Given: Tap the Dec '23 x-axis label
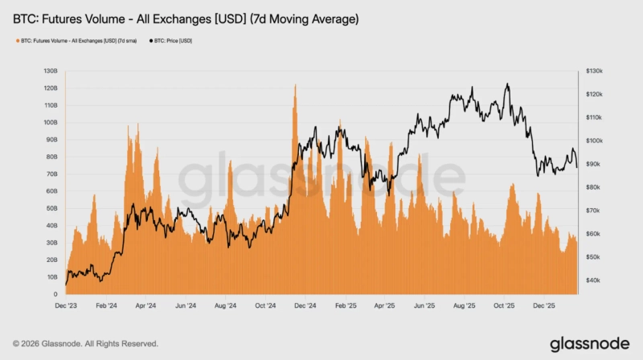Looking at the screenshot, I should coord(66,306).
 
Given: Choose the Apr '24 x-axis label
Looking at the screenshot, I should coord(145,306).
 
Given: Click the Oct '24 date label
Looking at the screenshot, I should coord(265,306).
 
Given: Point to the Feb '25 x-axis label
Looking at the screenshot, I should coord(346,306).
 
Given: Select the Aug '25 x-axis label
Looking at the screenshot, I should coord(465,306).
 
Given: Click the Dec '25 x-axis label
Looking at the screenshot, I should coord(546,306).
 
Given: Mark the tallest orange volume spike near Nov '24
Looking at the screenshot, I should coord(295,85).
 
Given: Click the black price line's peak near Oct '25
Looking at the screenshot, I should coord(507,84).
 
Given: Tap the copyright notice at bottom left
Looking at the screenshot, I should coord(86,343).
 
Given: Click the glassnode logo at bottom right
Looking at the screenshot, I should coord(589,342).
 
